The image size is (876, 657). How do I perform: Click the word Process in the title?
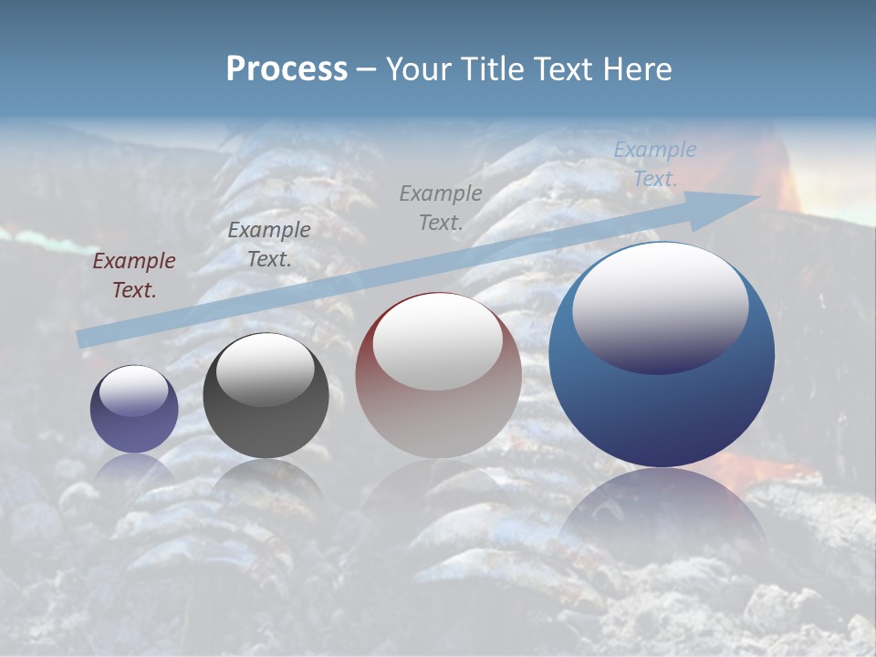(x=287, y=69)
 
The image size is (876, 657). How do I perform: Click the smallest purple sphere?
(x=134, y=410)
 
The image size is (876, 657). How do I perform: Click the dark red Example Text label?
(x=134, y=276)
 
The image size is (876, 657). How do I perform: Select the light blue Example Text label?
(x=654, y=164)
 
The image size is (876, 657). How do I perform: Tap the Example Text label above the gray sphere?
(x=269, y=245)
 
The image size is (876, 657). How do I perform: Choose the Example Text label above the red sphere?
(x=441, y=207)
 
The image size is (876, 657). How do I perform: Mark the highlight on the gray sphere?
(x=265, y=370)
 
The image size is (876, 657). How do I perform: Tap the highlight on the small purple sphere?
(x=133, y=391)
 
